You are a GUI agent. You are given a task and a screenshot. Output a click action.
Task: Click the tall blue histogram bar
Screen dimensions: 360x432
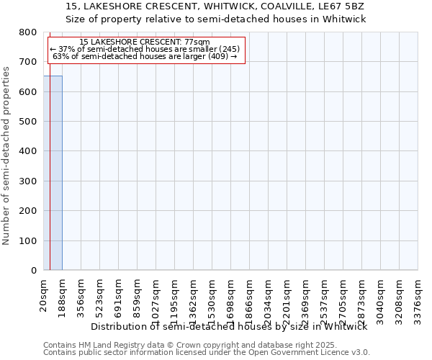(53, 173)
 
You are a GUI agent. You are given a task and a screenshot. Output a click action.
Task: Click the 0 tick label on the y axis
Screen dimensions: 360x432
(34, 271)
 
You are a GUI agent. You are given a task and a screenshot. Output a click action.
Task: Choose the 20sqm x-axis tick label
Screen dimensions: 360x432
(44, 294)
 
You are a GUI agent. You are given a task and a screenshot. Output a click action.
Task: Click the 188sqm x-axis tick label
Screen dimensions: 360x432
(63, 296)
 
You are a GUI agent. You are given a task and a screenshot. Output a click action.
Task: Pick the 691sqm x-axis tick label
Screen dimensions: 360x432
(119, 296)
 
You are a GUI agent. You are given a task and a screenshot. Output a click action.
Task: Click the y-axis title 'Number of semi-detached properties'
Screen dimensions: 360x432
(6, 153)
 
